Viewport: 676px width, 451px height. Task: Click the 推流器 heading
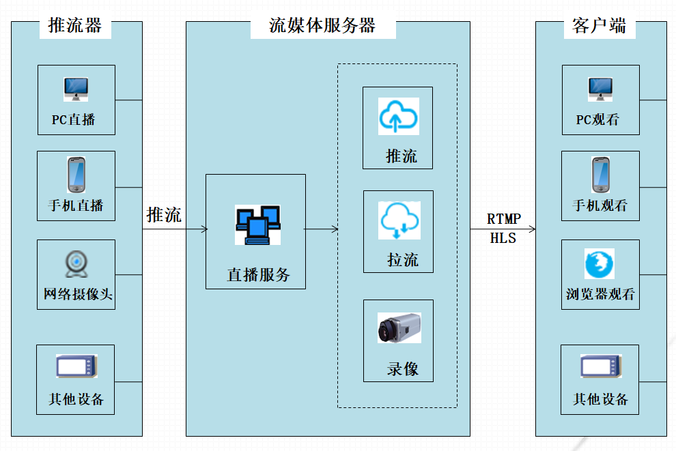point(75,26)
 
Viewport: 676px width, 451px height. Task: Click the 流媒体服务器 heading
point(322,26)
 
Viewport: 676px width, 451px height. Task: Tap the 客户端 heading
point(599,26)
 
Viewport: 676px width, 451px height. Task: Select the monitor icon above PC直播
point(76,89)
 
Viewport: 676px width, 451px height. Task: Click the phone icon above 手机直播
point(76,175)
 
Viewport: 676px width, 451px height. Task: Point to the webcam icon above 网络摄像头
point(76,263)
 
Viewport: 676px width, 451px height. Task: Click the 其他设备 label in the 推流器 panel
point(76,399)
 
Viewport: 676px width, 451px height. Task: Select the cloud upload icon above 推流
point(399,116)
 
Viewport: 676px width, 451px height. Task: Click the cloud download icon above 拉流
point(399,220)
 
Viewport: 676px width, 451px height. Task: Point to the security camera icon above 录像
point(399,328)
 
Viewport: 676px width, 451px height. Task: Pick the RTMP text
point(504,219)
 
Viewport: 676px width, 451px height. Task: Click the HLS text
point(503,238)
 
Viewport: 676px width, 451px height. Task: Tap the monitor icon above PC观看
point(600,89)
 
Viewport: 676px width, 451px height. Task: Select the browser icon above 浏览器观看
point(600,263)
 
